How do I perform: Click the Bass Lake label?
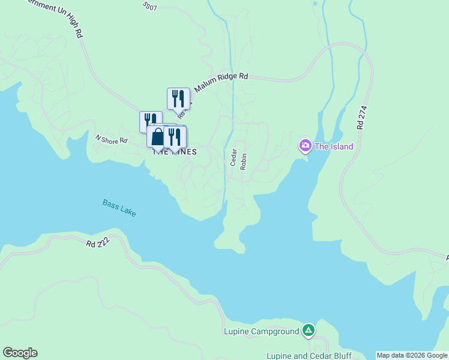click(x=119, y=208)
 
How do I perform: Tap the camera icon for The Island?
click(x=305, y=146)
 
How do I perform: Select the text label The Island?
click(x=334, y=146)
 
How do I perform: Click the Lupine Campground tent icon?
click(x=309, y=330)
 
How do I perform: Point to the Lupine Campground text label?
click(x=261, y=331)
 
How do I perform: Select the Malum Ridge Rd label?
click(x=220, y=77)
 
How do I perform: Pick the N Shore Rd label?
click(x=112, y=140)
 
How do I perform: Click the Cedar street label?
click(x=234, y=157)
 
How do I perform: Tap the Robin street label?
click(x=243, y=161)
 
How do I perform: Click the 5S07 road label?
click(x=150, y=7)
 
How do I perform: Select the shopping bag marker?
click(x=157, y=137)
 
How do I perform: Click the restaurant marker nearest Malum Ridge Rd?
click(x=178, y=98)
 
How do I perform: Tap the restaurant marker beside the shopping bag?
click(x=175, y=137)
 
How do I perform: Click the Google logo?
click(x=20, y=353)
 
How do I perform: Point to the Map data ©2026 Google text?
click(x=412, y=355)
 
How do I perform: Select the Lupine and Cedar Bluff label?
click(x=309, y=355)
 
